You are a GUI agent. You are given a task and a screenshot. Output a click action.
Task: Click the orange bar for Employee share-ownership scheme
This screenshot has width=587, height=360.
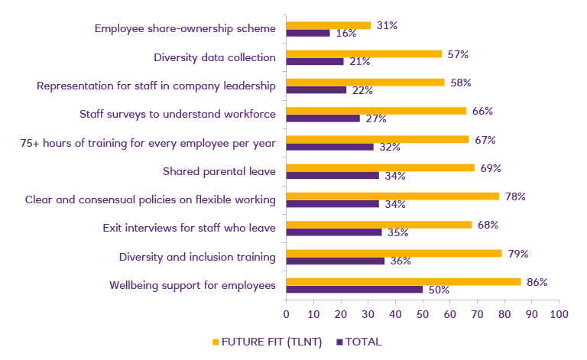(x=328, y=25)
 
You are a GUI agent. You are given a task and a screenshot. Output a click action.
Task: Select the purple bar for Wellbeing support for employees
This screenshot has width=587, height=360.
(x=354, y=290)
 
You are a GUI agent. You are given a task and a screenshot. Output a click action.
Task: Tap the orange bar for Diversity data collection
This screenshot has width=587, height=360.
(x=364, y=54)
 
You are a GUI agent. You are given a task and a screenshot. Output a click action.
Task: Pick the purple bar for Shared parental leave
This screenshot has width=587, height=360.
(x=332, y=176)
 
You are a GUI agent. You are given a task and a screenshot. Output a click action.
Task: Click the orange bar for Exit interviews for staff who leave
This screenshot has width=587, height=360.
(x=378, y=225)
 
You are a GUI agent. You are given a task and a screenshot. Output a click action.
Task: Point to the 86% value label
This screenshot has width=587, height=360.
(x=537, y=282)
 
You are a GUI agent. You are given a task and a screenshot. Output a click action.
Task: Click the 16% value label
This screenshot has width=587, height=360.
(x=347, y=33)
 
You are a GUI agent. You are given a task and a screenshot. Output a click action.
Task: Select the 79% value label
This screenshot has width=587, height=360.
(x=517, y=253)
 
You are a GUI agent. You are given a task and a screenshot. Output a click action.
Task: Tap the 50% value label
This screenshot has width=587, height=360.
(x=438, y=290)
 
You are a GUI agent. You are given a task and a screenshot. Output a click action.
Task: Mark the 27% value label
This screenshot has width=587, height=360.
(x=375, y=118)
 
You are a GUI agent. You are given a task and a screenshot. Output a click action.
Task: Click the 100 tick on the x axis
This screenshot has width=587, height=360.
(x=559, y=313)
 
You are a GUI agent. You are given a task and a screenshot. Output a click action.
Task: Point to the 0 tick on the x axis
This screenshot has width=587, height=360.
(x=286, y=313)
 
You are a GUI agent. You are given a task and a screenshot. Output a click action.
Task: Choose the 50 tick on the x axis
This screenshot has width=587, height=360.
(x=423, y=313)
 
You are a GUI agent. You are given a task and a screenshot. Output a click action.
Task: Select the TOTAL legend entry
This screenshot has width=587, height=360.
(x=358, y=342)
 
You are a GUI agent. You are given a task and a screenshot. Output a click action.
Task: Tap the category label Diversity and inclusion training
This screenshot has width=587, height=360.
(x=197, y=257)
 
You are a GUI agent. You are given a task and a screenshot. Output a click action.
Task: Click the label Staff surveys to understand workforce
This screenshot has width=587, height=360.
(x=177, y=114)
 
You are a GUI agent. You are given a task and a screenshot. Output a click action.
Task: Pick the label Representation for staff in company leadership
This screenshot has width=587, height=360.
(x=156, y=86)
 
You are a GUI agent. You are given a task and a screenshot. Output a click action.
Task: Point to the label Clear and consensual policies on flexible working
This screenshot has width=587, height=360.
(x=150, y=199)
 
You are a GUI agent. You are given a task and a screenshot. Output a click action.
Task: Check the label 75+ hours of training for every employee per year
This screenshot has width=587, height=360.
(x=148, y=143)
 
